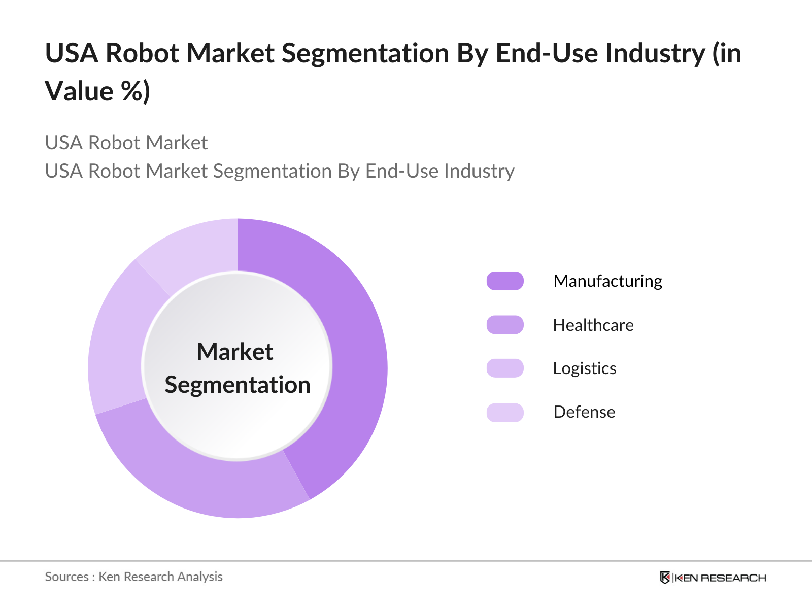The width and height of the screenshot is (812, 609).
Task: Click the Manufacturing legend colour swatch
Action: [x=505, y=281]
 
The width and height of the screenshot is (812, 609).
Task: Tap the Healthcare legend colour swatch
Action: [x=505, y=325]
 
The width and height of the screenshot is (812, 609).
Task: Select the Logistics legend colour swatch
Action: [x=505, y=368]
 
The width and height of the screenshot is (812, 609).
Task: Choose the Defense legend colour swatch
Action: [x=505, y=412]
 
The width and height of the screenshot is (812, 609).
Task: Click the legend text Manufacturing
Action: [x=607, y=281]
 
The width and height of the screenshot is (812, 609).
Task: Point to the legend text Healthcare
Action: [x=593, y=325]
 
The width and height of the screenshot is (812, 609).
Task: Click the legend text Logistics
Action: [x=584, y=368]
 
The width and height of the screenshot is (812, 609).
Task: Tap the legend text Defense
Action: [x=584, y=412]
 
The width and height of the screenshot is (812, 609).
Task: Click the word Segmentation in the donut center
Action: [x=238, y=385]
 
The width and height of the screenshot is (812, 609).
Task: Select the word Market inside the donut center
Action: [x=235, y=352]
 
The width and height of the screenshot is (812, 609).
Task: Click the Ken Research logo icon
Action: [x=665, y=578]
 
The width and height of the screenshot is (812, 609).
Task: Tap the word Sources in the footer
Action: [x=66, y=577]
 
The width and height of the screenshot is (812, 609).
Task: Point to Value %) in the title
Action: [x=97, y=91]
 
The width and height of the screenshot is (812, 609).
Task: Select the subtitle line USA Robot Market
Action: [x=126, y=143]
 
